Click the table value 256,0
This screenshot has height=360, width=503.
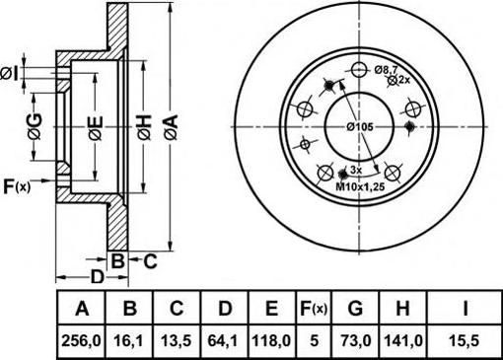(x=81, y=341)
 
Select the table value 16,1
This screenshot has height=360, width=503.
(x=128, y=341)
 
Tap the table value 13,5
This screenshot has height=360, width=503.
(x=177, y=341)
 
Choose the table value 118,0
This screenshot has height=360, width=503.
(x=271, y=341)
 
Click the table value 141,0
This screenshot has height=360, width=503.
(x=402, y=341)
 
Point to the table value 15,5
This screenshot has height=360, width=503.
(x=465, y=341)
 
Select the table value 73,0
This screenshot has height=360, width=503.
(x=355, y=341)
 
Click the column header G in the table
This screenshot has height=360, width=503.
(x=355, y=309)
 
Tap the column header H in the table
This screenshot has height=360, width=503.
(x=402, y=309)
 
